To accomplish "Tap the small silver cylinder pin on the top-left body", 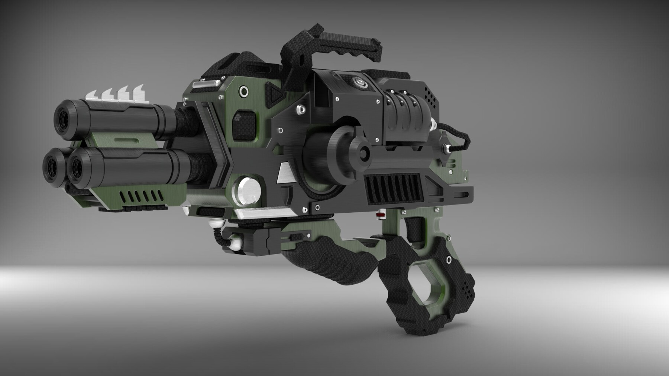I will click(x=204, y=85).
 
